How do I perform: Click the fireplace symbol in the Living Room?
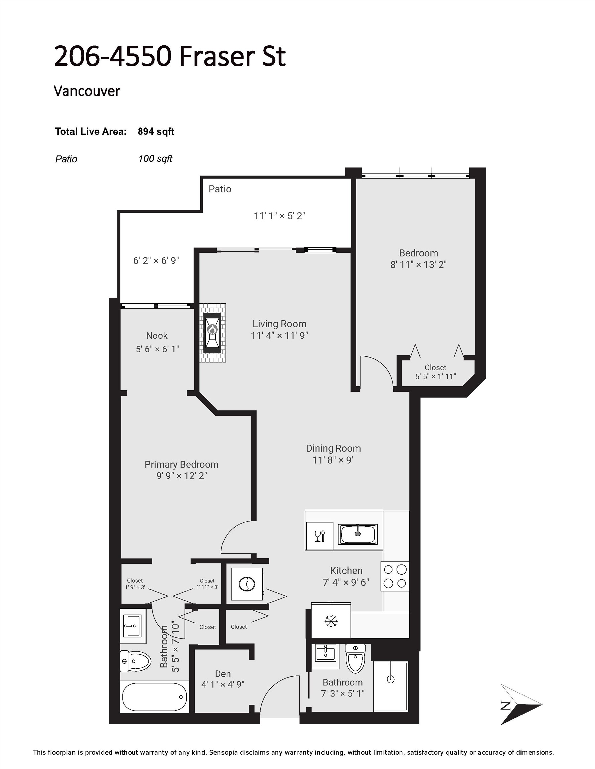coord(212,333)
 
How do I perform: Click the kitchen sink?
coord(357,534)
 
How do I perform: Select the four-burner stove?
coord(395,576)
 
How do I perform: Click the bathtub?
coord(154,697)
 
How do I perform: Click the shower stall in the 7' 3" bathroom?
coord(390,686)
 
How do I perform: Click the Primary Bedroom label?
coord(181,464)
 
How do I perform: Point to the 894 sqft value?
coord(156,131)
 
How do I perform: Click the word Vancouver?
coord(87,91)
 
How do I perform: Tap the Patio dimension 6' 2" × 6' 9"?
coord(156,261)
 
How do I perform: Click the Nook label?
coord(157,335)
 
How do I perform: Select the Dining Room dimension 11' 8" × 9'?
coord(333,460)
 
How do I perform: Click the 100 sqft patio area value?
coord(155,159)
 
